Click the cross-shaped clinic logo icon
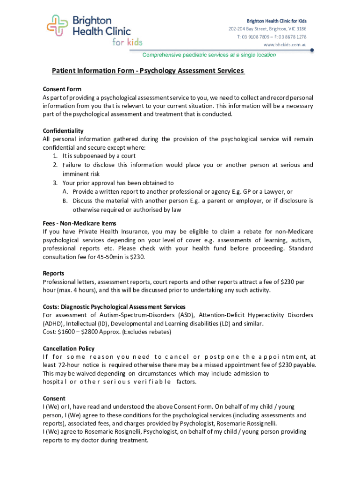57,26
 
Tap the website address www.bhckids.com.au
285,45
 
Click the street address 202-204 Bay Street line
267,29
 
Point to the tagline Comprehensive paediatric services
209,55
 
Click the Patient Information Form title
148,71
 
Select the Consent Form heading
62,89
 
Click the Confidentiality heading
63,131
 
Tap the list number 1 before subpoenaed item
55,156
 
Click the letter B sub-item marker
65,201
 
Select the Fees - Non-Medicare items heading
79,223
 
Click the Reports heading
54,273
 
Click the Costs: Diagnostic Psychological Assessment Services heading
114,307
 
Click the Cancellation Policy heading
69,348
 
